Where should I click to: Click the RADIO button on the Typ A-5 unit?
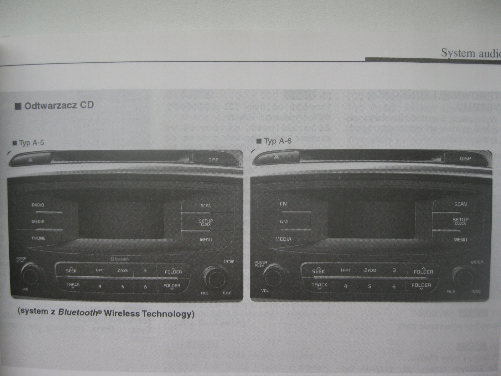(38, 205)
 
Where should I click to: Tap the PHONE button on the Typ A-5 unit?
(39, 238)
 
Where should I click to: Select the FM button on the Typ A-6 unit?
(284, 204)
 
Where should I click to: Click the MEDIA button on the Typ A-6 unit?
(283, 239)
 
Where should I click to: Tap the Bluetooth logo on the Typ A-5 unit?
(120, 259)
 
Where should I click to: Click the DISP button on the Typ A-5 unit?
(213, 160)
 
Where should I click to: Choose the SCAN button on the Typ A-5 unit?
(206, 206)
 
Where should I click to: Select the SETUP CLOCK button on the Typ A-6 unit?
(460, 221)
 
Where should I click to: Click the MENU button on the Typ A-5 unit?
(206, 240)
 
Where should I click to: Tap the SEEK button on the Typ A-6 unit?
(318, 271)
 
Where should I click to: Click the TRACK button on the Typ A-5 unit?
(73, 285)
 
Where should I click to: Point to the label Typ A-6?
(277, 141)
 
